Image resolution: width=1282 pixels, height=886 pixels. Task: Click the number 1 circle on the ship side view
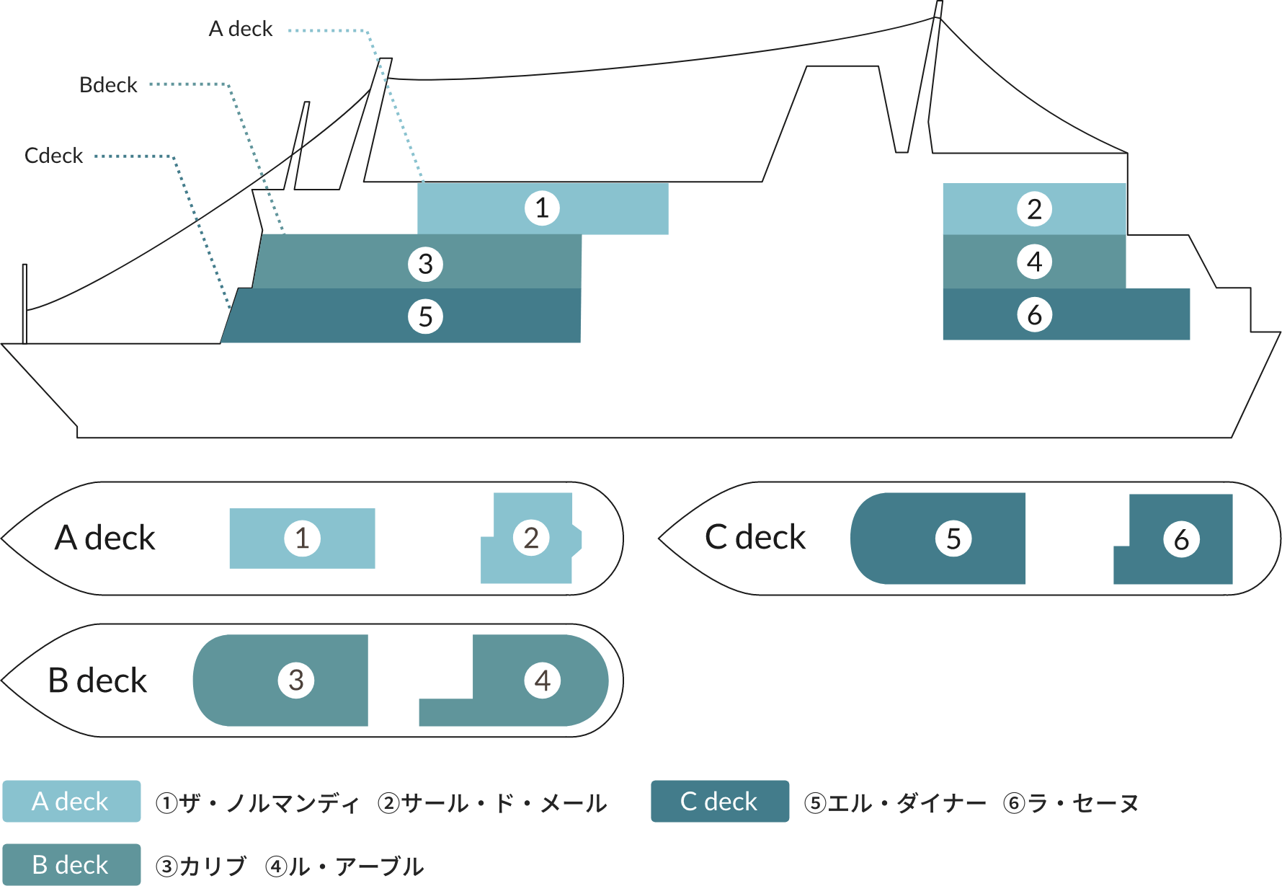pyautogui.click(x=542, y=208)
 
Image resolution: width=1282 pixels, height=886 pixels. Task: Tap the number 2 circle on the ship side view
pyautogui.click(x=1034, y=209)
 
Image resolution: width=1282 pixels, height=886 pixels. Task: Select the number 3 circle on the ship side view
pyautogui.click(x=425, y=264)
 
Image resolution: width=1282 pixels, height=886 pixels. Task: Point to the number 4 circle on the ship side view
pyautogui.click(x=1034, y=262)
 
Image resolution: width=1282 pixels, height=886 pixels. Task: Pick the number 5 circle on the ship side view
pyautogui.click(x=425, y=316)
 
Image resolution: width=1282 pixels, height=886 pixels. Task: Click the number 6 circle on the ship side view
pyautogui.click(x=1034, y=315)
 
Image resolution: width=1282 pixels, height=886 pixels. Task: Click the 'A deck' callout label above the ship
pyautogui.click(x=241, y=29)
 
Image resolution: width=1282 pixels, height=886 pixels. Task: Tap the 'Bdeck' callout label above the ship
pyautogui.click(x=108, y=85)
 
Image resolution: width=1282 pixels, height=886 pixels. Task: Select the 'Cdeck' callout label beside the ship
pyautogui.click(x=54, y=156)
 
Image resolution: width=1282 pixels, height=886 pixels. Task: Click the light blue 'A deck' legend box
pyautogui.click(x=71, y=802)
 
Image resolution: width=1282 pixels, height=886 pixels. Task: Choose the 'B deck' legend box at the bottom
pyautogui.click(x=71, y=864)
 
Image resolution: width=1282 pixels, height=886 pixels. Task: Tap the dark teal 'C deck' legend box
pyautogui.click(x=719, y=802)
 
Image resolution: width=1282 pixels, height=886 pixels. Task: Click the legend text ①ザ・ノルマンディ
pyautogui.click(x=257, y=803)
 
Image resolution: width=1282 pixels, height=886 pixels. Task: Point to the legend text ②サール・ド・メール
pyautogui.click(x=492, y=803)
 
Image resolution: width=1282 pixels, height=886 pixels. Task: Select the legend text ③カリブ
pyautogui.click(x=201, y=866)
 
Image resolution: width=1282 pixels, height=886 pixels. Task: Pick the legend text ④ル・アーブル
pyautogui.click(x=344, y=866)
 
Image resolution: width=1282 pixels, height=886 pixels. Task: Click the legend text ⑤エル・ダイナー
pyautogui.click(x=894, y=803)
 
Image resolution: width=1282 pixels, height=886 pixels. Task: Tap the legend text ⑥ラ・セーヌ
pyautogui.click(x=1071, y=803)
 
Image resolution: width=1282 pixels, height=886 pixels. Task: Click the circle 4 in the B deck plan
pyautogui.click(x=543, y=681)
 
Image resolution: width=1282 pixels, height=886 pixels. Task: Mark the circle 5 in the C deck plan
pyautogui.click(x=953, y=539)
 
